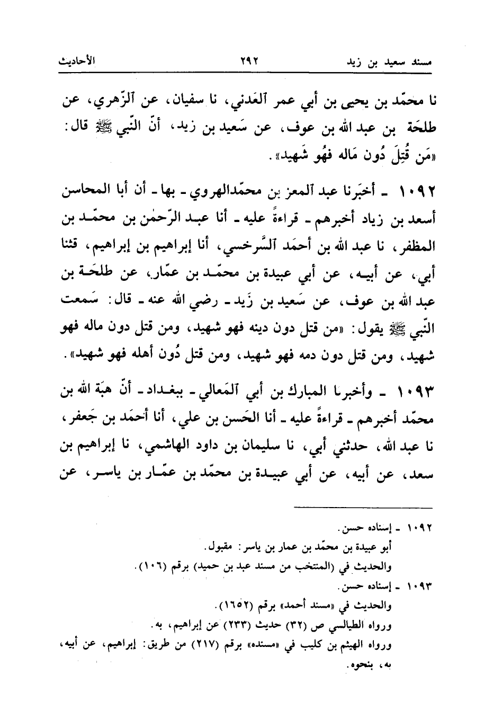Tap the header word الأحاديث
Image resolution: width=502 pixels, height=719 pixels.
tap(77, 60)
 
